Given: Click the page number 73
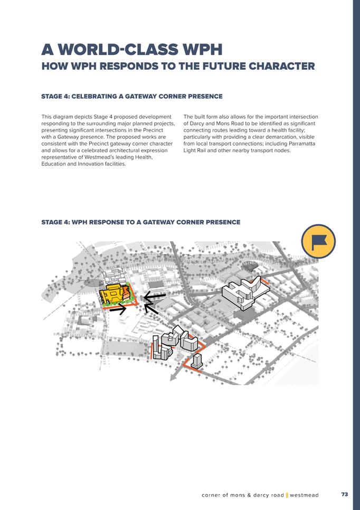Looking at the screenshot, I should [345, 494].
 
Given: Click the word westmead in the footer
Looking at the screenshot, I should [304, 495].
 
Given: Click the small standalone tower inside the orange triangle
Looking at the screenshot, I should [197, 361].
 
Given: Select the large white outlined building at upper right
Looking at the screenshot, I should [241, 292].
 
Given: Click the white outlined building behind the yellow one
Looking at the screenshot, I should [113, 278].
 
